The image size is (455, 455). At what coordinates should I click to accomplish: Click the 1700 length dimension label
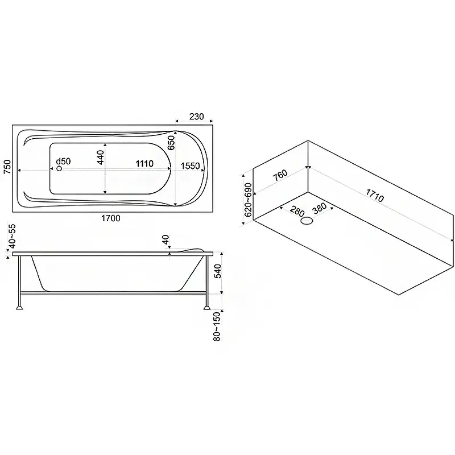click(110, 218)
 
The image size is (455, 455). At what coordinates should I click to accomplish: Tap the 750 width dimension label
click(7, 167)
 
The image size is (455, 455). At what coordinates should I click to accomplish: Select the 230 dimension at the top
click(196, 117)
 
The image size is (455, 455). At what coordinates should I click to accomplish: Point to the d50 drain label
click(63, 162)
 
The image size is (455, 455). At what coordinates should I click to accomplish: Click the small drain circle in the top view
click(59, 168)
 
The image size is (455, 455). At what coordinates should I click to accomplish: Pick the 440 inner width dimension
click(101, 158)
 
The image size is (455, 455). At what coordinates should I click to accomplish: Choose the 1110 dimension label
click(144, 164)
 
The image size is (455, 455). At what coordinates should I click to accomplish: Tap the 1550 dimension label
click(191, 166)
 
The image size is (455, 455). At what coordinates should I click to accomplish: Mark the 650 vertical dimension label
click(172, 143)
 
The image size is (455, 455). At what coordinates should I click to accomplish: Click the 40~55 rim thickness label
click(13, 237)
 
